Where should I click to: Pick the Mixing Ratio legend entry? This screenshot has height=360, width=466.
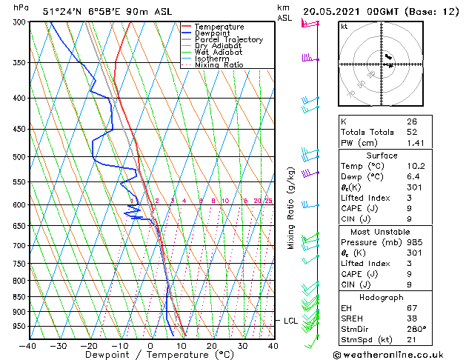pos(219,65)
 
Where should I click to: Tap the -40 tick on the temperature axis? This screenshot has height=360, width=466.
pos(28,345)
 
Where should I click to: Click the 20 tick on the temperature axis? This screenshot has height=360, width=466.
pos(212,345)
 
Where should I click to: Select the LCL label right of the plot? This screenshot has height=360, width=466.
pos(291,321)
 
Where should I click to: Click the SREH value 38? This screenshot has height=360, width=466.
pos(412,319)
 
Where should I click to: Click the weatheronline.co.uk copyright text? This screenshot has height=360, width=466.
pos(399,354)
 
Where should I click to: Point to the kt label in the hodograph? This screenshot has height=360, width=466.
pos(344,26)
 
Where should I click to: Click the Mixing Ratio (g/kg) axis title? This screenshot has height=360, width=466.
pos(290,208)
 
